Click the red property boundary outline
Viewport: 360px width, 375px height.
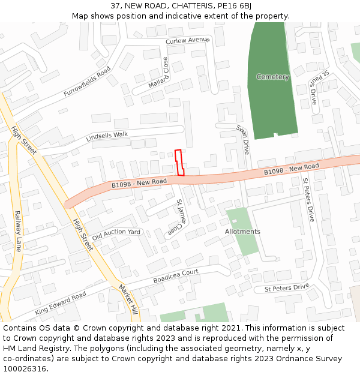179,162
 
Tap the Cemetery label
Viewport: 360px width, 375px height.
272,77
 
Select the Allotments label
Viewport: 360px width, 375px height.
242,232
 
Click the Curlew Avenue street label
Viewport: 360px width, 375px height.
188,40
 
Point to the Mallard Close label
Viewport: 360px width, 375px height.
159,73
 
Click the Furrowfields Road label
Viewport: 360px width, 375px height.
88,82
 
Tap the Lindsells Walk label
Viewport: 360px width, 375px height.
107,136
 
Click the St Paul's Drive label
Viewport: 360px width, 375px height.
319,87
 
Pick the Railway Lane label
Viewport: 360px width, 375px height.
18,230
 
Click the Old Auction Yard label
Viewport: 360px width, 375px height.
116,232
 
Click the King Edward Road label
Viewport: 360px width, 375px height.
60,303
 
